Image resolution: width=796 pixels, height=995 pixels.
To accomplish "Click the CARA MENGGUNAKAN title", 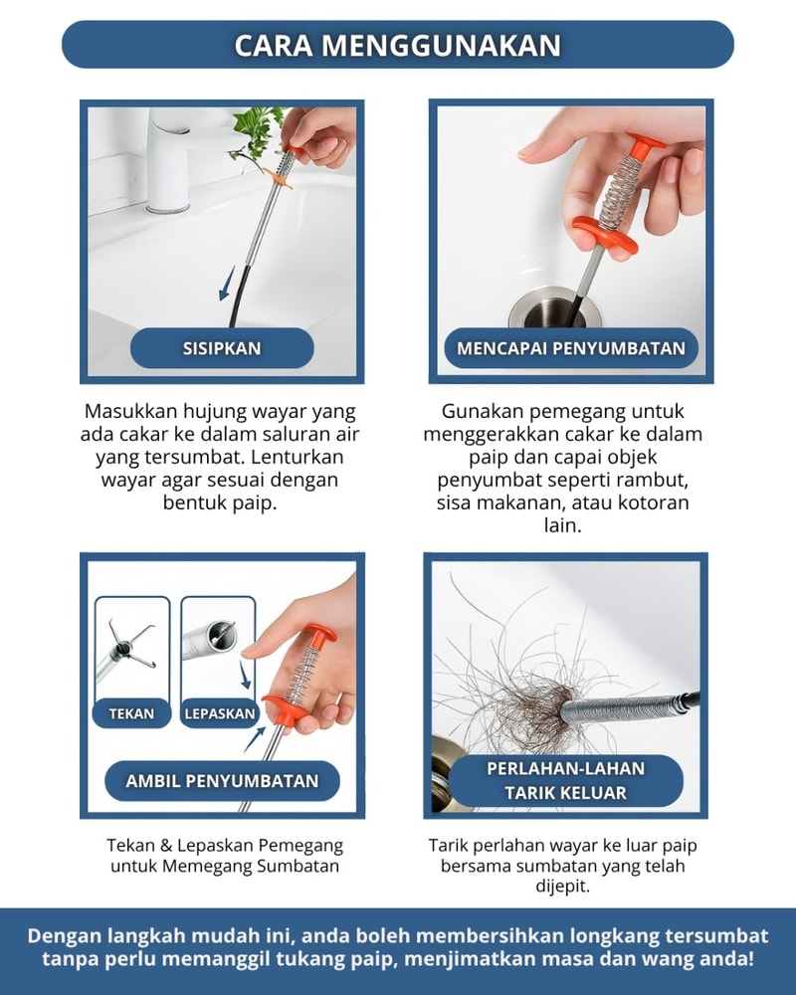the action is pos(397,45).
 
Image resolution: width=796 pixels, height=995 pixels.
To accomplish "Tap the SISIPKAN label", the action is pos(222,348).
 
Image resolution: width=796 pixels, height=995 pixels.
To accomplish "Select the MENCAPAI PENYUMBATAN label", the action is pos(571,348).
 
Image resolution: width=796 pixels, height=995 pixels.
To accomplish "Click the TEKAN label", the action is pos(131,713).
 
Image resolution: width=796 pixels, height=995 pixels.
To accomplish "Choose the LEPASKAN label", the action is pos(220,713).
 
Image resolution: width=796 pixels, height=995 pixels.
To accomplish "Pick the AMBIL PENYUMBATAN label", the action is pos(222,780).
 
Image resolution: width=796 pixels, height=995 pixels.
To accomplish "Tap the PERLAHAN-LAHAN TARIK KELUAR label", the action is pos(565,780).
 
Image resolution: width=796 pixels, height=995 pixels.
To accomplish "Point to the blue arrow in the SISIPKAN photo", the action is pos(226,285).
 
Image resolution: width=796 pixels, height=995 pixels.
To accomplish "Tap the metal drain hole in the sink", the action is pos(553,308).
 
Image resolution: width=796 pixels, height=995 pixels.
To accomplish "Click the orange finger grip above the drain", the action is pos(605,235).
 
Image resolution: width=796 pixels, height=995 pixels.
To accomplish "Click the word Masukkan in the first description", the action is pos(130,411).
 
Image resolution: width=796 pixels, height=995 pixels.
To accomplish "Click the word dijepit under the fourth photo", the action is pos(562,887).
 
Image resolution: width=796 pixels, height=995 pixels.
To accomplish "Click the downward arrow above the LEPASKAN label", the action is pos(245,676).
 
